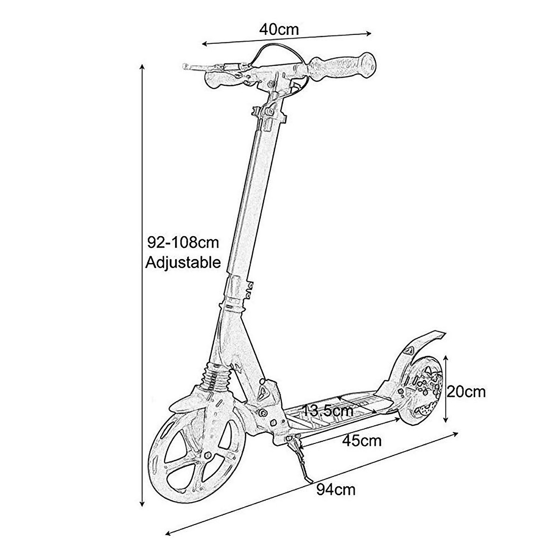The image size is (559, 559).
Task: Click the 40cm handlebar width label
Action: [279, 29]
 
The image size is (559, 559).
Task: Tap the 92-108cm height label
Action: [183, 243]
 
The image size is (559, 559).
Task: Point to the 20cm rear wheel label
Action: [466, 392]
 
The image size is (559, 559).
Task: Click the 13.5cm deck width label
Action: [327, 411]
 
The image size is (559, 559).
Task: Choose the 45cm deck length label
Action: [361, 440]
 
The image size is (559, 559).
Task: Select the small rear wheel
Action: [422, 391]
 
